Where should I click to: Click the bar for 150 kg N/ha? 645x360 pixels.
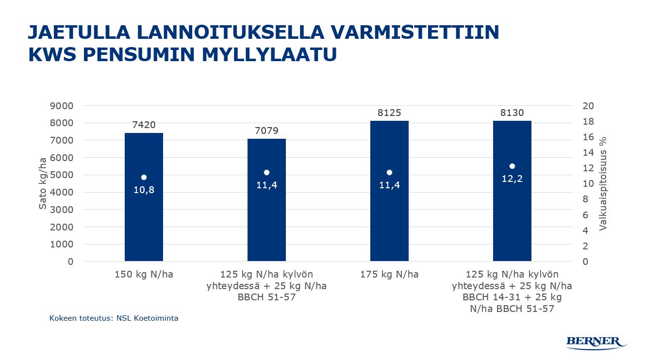pyautogui.click(x=144, y=218)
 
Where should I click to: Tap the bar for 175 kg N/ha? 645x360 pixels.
pyautogui.click(x=389, y=218)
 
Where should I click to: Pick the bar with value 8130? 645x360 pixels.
pyautogui.click(x=512, y=218)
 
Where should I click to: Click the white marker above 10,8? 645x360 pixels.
pyautogui.click(x=144, y=178)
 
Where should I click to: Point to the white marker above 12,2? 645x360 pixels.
pyautogui.click(x=512, y=166)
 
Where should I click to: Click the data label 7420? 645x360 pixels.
pyautogui.click(x=144, y=125)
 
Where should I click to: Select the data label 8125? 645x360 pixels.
pyautogui.click(x=389, y=113)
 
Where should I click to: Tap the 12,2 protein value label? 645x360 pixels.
pyautogui.click(x=512, y=179)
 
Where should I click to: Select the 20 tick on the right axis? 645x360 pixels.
pyautogui.click(x=581, y=106)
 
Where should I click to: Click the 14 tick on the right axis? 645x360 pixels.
pyautogui.click(x=581, y=153)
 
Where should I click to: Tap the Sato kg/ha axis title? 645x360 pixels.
pyautogui.click(x=43, y=183)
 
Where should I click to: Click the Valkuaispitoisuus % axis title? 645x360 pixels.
pyautogui.click(x=603, y=183)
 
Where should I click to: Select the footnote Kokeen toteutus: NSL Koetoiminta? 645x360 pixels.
pyautogui.click(x=114, y=319)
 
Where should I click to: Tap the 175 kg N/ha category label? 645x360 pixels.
pyautogui.click(x=389, y=275)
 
